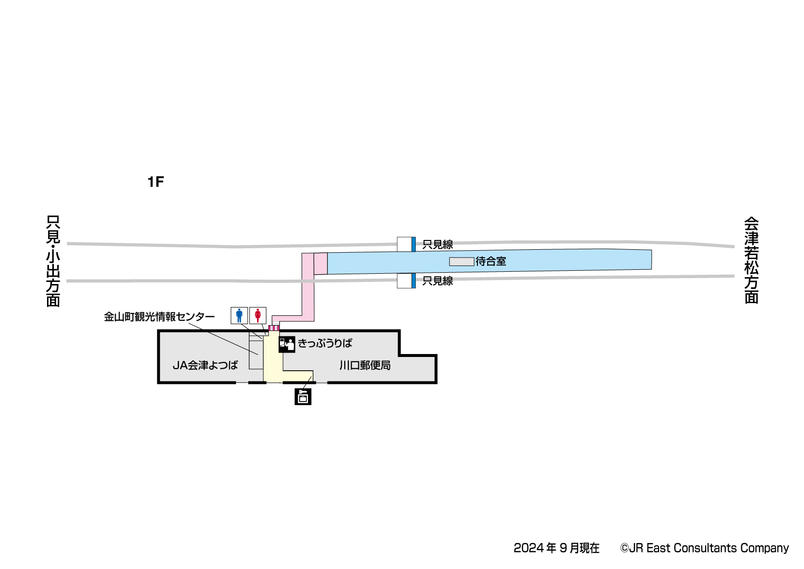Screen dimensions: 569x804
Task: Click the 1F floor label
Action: pyautogui.click(x=156, y=182)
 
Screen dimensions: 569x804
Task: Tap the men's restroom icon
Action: pyautogui.click(x=239, y=315)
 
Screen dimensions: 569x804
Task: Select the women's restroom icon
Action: pyautogui.click(x=258, y=315)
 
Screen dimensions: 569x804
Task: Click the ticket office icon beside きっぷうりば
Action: pyautogui.click(x=287, y=344)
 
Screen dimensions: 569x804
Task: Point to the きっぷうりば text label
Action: pyautogui.click(x=325, y=343)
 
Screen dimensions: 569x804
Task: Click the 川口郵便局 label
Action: pyautogui.click(x=365, y=365)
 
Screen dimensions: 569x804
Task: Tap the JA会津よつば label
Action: pyautogui.click(x=205, y=365)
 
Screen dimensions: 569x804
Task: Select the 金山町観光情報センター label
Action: pyautogui.click(x=159, y=317)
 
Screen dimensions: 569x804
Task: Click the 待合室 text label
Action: pyautogui.click(x=491, y=261)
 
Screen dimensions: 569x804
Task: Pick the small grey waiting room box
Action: pyautogui.click(x=462, y=261)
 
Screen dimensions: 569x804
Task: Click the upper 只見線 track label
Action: pyautogui.click(x=438, y=244)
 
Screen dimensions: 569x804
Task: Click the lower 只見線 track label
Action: pyautogui.click(x=438, y=281)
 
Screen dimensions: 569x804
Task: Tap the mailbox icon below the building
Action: pyautogui.click(x=303, y=397)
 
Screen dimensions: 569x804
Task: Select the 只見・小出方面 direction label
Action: pyautogui.click(x=53, y=261)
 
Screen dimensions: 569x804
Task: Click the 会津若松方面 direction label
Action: pyautogui.click(x=752, y=261)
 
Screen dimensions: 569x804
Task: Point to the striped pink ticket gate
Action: pyautogui.click(x=274, y=328)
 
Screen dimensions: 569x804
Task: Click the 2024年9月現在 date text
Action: pyautogui.click(x=556, y=548)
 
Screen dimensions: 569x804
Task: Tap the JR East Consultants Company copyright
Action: pyautogui.click(x=705, y=548)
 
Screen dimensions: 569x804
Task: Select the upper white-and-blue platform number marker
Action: pyautogui.click(x=406, y=244)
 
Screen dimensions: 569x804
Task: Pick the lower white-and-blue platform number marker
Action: pyautogui.click(x=406, y=281)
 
